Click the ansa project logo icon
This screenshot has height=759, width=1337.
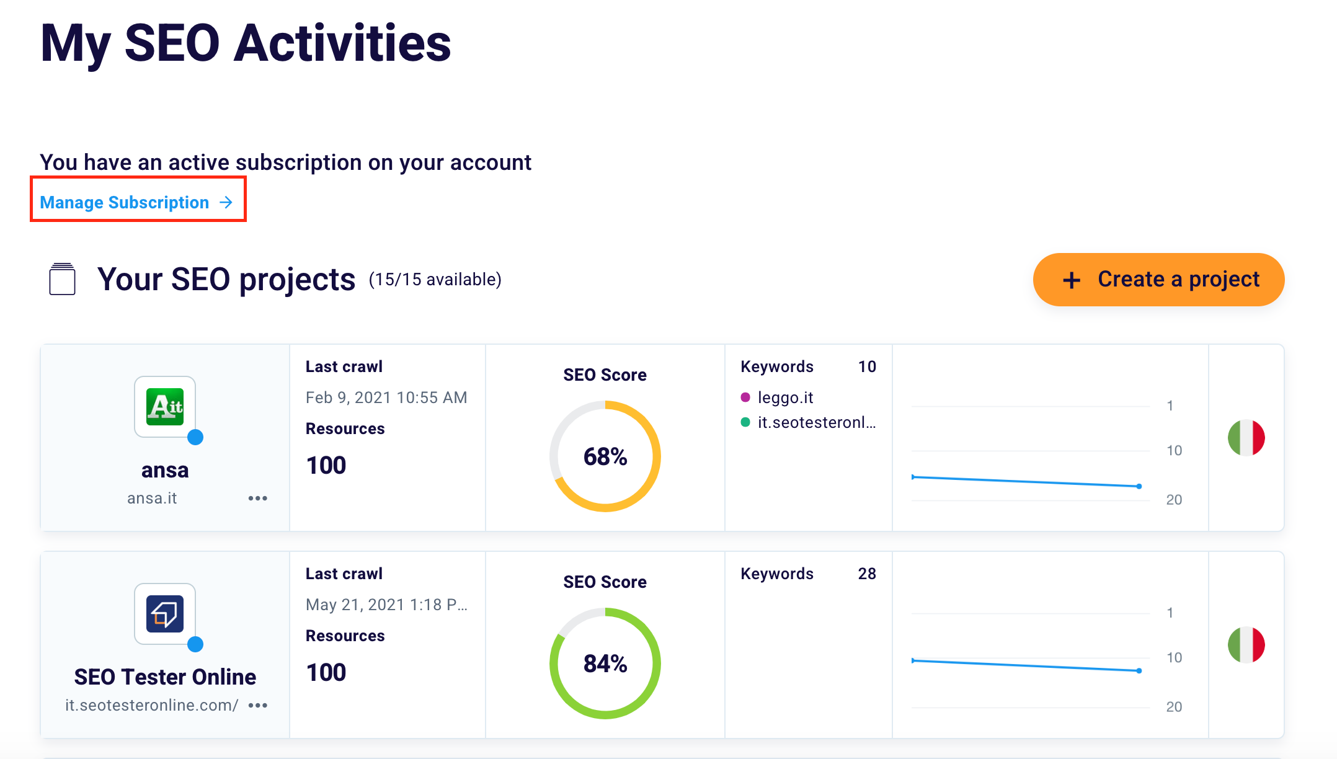(x=165, y=407)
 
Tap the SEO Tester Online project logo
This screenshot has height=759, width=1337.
(x=165, y=614)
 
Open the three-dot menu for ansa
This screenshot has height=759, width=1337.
(x=257, y=499)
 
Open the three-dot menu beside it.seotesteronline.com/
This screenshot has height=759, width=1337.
(x=257, y=706)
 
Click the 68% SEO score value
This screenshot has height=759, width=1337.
(x=605, y=457)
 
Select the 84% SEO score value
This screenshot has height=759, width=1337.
(x=605, y=664)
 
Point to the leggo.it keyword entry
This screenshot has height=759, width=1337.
(x=785, y=397)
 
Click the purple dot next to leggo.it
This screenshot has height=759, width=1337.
(x=745, y=397)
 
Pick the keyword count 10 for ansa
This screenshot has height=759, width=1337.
(x=867, y=366)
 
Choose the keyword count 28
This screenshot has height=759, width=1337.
(x=867, y=574)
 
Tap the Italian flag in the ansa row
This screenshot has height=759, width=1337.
(x=1246, y=438)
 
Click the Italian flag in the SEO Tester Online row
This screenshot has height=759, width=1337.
(x=1246, y=645)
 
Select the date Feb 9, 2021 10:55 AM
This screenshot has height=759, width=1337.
(x=386, y=397)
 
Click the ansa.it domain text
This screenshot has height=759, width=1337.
(x=152, y=499)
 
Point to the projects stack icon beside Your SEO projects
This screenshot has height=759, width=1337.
(x=62, y=279)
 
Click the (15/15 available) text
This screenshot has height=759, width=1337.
(x=435, y=280)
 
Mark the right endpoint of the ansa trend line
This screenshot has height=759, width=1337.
(x=1139, y=486)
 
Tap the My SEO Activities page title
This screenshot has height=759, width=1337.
(x=246, y=43)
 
